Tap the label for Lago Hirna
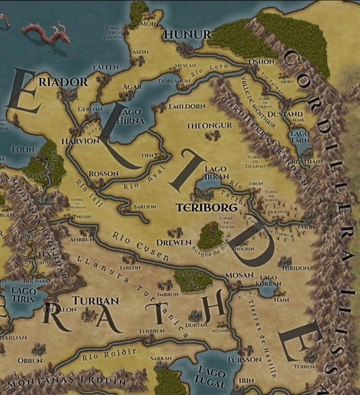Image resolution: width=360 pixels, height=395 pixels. coord(131,116)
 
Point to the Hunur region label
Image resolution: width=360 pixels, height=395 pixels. coord(178,34)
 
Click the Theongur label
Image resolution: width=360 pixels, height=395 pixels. coord(209,126)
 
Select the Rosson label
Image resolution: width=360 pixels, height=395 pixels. coord(103,173)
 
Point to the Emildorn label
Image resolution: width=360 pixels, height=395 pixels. coord(187,107)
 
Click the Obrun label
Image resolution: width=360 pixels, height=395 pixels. coord(30,361)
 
